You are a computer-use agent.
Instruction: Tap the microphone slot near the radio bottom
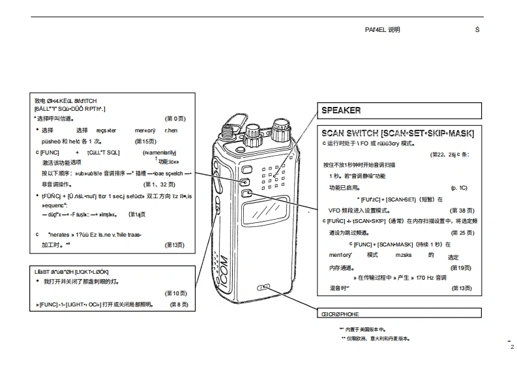265,287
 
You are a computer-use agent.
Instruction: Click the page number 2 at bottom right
512,347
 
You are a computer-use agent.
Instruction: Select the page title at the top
383,30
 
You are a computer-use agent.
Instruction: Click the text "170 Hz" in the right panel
424,278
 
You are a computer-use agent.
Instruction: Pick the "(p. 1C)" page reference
459,188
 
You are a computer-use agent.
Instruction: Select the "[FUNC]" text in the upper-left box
50,152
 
